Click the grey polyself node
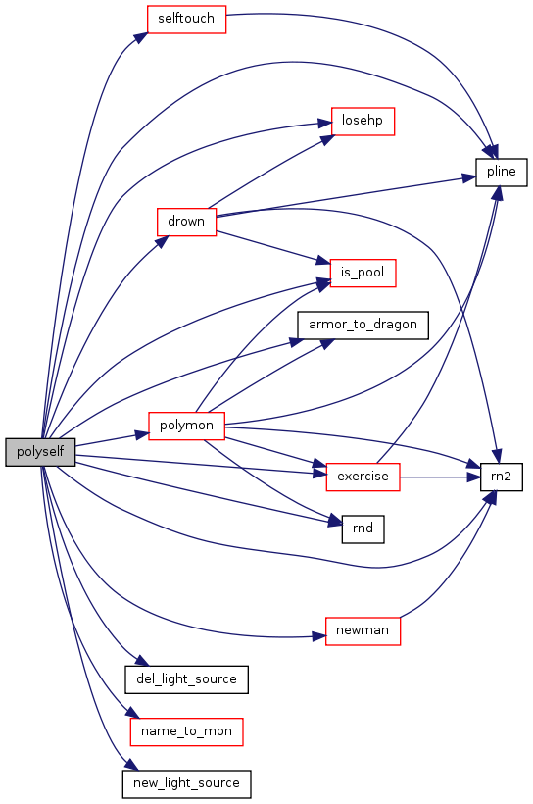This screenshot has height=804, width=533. point(40,452)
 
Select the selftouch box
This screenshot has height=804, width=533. point(186,20)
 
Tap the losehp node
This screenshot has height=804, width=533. point(363,122)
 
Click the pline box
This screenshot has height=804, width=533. point(502,173)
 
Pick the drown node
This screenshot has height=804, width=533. point(186,222)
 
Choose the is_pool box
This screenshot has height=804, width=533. point(363,273)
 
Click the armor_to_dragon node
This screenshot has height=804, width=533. point(363,326)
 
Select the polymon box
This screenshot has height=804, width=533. point(186,426)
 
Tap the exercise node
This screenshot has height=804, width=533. point(363,477)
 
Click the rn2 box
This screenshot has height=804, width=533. point(502,477)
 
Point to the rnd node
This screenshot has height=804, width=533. point(363,529)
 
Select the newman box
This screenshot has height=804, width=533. point(363,630)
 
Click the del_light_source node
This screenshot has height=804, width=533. point(186,679)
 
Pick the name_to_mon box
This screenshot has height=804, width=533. point(186,731)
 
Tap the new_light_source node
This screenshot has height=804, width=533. point(186,784)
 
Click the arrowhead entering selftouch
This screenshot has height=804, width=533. point(141,38)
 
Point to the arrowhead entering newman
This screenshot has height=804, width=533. point(318,637)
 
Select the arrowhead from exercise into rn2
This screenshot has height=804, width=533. point(473,477)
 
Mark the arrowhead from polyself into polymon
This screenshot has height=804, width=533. point(142,434)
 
